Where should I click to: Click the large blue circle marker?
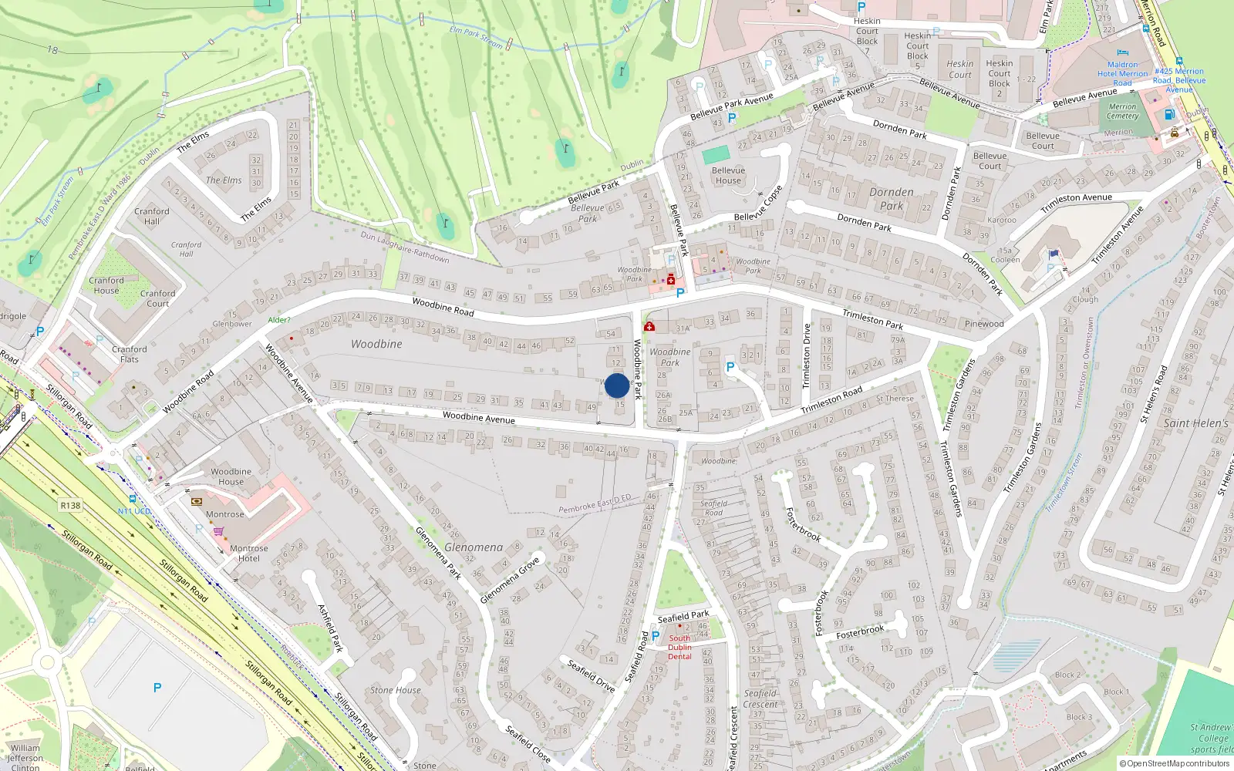[x=617, y=385]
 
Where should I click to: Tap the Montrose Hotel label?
[x=248, y=554]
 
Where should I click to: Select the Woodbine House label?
[x=231, y=476]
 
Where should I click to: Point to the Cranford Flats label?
[x=130, y=354]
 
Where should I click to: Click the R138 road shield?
[x=70, y=506]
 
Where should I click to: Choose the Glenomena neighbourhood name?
[x=474, y=547]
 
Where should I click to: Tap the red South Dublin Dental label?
[x=679, y=647]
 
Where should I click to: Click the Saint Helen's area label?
[x=1195, y=423]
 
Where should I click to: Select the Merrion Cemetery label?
[x=1122, y=112]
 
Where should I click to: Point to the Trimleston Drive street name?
[x=807, y=356]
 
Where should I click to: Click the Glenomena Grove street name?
[x=510, y=581]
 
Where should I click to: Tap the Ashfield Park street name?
[x=330, y=628]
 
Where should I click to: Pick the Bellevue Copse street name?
[x=758, y=204]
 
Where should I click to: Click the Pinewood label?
[x=984, y=324]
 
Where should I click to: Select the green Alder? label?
[x=279, y=320]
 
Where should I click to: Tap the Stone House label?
[x=395, y=690]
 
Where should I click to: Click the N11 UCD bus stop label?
[x=134, y=511]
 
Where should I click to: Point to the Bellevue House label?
[x=728, y=176]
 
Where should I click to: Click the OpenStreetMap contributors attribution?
[x=1175, y=764]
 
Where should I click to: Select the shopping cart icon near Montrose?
[x=218, y=530]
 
